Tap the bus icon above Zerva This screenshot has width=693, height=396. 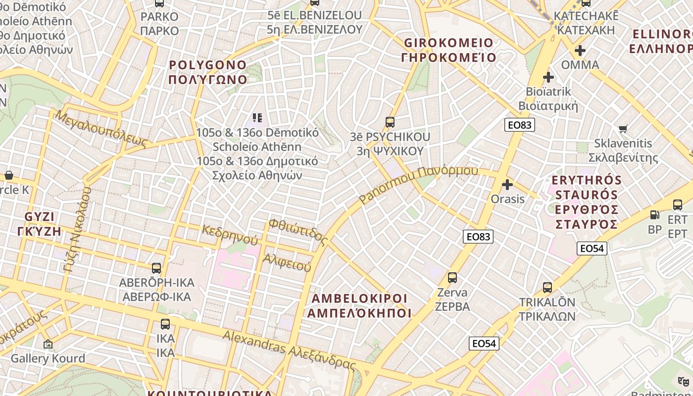pyautogui.click(x=452, y=277)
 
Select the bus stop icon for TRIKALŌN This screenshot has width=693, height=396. pyautogui.click(x=547, y=287)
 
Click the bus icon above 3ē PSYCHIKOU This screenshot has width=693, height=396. pyautogui.click(x=390, y=122)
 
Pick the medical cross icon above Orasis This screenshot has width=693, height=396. pyautogui.click(x=507, y=185)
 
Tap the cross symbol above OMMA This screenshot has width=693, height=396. pyautogui.click(x=580, y=50)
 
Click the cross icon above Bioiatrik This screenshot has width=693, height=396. pyautogui.click(x=548, y=77)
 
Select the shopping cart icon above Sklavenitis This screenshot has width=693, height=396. pyautogui.click(x=623, y=129)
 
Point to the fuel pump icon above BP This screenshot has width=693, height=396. pyautogui.click(x=654, y=215)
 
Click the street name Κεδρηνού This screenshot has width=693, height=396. pyautogui.click(x=230, y=235)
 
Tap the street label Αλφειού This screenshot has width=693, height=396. pyautogui.click(x=287, y=262)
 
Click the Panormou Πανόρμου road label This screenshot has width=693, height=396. pyautogui.click(x=419, y=184)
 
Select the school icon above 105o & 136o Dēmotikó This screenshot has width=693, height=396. pyautogui.click(x=257, y=118)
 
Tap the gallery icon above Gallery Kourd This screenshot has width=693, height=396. pyautogui.click(x=48, y=344)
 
